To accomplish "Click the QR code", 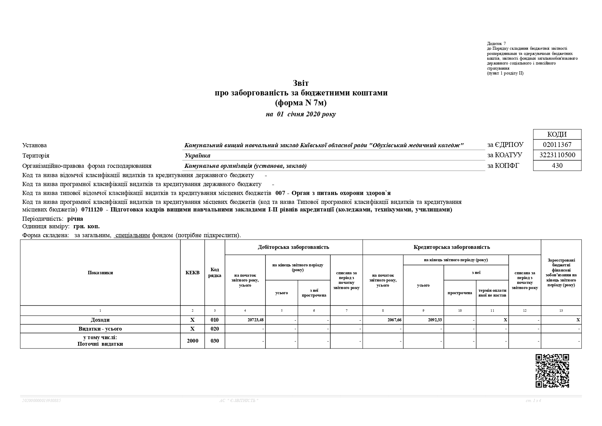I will point(552,371).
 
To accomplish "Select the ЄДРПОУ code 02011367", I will point(557,145).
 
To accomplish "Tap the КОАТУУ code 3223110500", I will point(557,155).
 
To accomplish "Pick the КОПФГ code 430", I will point(557,165).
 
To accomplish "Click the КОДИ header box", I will point(557,134).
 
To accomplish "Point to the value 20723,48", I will point(255,320).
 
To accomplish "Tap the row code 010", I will point(215,320).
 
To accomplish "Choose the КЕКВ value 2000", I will point(192,341).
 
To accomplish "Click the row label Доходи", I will point(100,320).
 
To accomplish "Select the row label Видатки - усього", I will point(100,329).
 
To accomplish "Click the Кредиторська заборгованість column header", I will point(451,247).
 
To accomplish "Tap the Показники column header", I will point(100,273).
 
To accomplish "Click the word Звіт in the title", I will point(301,83).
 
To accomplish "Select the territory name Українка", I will point(197,156).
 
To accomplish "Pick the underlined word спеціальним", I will point(132,235).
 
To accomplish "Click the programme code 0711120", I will point(92,210).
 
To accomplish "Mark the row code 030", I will point(215,341).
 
